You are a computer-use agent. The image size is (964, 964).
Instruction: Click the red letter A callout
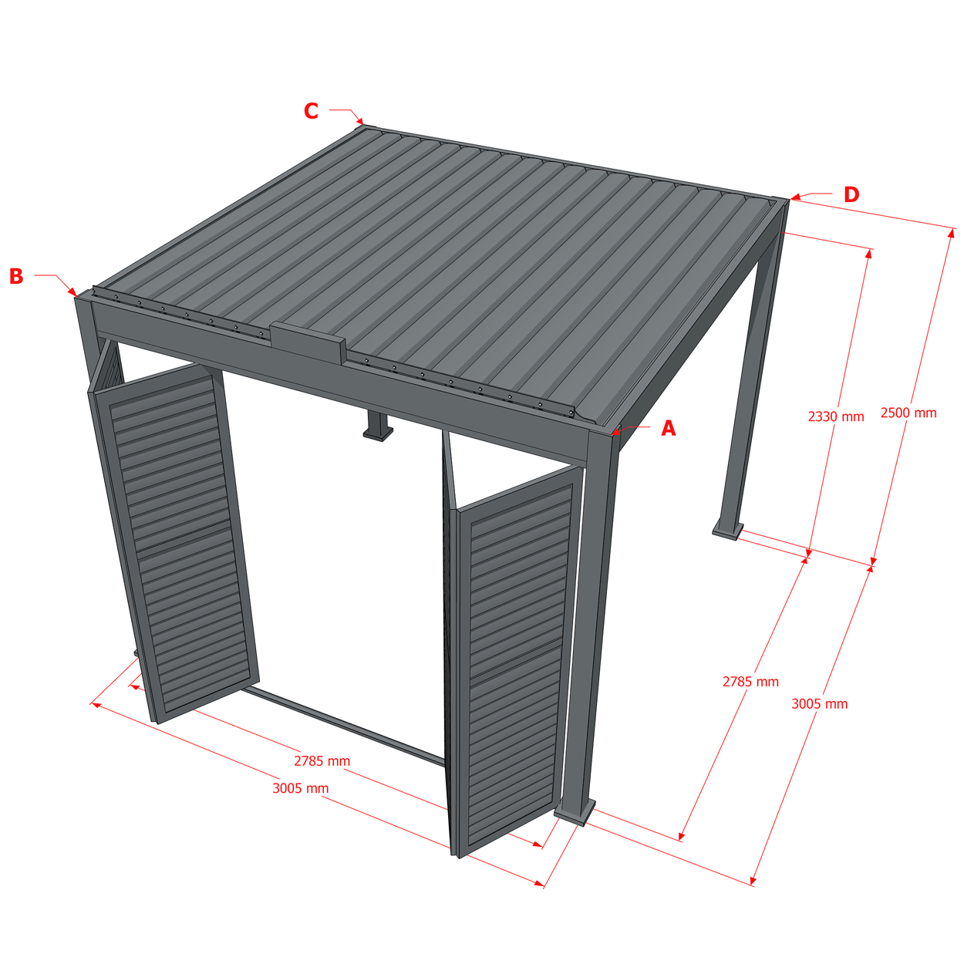668,429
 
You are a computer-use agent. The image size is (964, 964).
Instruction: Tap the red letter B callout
16,276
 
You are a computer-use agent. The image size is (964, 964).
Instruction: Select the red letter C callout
311,111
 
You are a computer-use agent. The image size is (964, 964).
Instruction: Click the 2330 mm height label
836,416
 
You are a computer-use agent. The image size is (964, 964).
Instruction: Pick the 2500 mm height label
908,413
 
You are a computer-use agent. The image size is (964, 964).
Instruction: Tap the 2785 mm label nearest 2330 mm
750,681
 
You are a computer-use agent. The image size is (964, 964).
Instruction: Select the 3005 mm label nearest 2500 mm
820,704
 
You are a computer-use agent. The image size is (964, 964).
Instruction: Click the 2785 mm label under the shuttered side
322,761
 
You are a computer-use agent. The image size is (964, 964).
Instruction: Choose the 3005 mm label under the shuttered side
300,788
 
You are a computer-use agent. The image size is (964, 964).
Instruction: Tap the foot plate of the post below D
728,529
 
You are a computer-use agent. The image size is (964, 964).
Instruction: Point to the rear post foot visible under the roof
378,426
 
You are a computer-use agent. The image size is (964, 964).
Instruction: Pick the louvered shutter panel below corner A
515,660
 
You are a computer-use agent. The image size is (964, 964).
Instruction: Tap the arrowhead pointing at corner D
796,197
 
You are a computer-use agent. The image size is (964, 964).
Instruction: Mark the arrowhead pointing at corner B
72,292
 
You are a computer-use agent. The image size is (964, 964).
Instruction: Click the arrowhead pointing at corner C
360,121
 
